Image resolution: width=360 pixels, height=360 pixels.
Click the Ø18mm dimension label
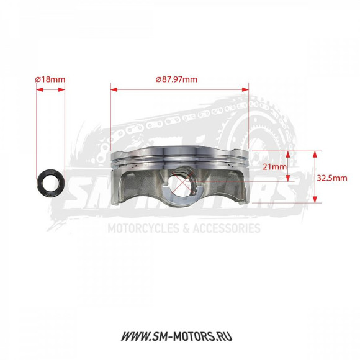click(50, 79)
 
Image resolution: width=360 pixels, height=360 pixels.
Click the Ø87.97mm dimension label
click(176, 79)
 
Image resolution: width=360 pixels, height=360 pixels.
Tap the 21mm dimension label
click(274, 167)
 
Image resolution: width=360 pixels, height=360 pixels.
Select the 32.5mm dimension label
click(331, 177)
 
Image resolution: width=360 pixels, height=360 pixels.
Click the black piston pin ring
click(50, 182)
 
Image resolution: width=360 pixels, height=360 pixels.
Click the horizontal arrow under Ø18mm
click(50, 89)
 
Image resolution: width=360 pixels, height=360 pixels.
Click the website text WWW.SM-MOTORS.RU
click(179, 338)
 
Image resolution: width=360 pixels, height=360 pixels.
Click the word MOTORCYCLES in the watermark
click(138, 228)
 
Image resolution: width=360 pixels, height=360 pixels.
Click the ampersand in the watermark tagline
click(184, 228)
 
